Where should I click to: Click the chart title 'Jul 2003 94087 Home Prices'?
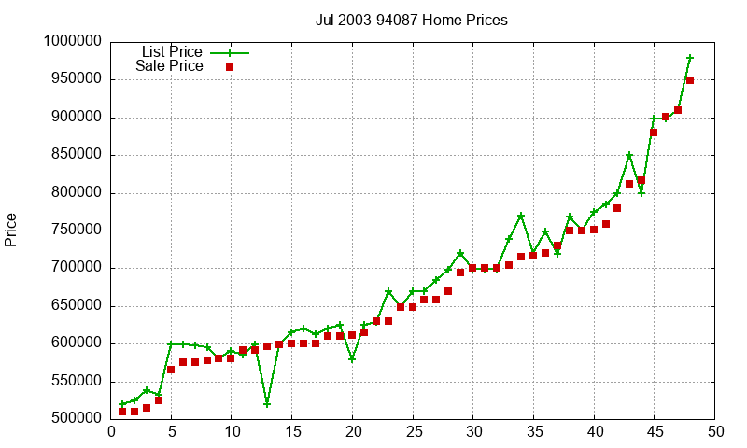click(x=411, y=20)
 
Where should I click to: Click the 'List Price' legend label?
click(x=172, y=52)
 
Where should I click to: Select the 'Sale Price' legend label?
click(x=169, y=66)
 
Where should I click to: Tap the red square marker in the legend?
click(x=230, y=67)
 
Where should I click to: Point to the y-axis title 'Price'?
click(x=11, y=230)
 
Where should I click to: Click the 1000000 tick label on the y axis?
click(x=73, y=42)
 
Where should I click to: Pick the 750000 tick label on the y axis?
click(x=76, y=231)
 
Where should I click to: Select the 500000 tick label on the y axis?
click(x=76, y=419)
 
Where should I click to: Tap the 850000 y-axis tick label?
click(x=76, y=155)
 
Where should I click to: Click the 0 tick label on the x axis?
click(x=111, y=431)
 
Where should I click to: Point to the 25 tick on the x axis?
click(x=413, y=431)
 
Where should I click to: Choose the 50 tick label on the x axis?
click(x=715, y=431)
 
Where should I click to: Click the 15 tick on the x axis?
click(x=292, y=431)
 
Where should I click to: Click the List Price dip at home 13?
click(x=267, y=404)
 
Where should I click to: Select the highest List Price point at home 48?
click(x=690, y=58)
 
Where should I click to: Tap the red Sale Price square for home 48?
click(x=690, y=80)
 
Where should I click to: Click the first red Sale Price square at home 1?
click(x=122, y=412)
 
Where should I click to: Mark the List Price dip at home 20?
click(x=352, y=358)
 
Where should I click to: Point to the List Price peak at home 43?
click(x=629, y=155)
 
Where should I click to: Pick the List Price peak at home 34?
click(x=521, y=216)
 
